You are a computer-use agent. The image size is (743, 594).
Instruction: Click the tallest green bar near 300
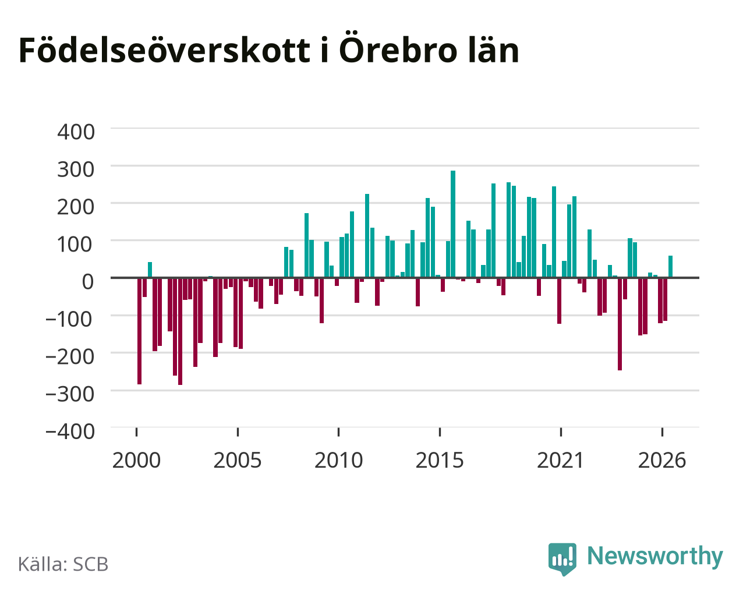click(x=452, y=224)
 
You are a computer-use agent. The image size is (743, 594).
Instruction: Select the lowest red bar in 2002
click(x=180, y=331)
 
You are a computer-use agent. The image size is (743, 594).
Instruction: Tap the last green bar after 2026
click(x=670, y=266)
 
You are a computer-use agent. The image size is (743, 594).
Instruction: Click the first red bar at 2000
click(x=140, y=331)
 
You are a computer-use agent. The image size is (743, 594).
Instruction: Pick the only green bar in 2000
click(x=150, y=270)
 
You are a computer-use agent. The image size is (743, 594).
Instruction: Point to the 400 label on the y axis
click(x=76, y=132)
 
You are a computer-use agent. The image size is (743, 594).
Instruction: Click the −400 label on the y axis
click(x=70, y=432)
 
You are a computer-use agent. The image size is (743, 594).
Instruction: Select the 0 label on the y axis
click(x=88, y=281)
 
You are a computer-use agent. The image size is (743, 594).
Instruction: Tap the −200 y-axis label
click(x=70, y=356)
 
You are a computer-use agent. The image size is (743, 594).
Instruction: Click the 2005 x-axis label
click(x=238, y=460)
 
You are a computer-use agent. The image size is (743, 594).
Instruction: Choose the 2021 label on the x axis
click(x=560, y=460)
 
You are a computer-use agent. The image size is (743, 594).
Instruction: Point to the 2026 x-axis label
click(x=662, y=460)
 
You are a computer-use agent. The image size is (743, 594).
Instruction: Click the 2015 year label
click(x=440, y=460)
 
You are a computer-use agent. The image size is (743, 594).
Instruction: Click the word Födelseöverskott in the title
click(x=165, y=51)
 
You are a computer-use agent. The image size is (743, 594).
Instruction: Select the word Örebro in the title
click(x=398, y=48)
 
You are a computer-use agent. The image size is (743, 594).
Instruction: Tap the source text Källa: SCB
click(x=63, y=565)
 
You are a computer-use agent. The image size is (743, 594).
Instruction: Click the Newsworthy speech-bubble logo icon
click(x=562, y=559)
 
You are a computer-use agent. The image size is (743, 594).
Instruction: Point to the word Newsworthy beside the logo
click(x=655, y=557)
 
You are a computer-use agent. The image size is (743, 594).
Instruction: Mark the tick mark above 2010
click(x=338, y=432)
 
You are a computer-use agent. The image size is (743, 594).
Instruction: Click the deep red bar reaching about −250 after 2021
click(x=620, y=324)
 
